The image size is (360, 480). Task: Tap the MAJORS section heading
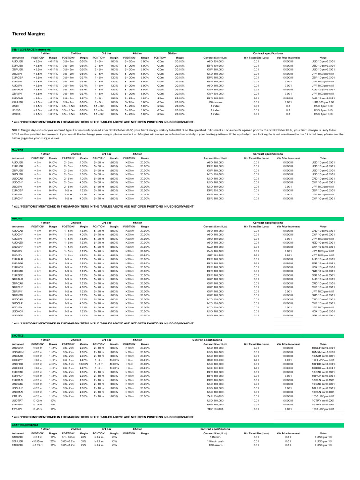[x=17, y=150]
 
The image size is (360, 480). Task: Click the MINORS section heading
[x=17, y=218]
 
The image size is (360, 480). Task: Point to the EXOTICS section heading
[x=18, y=336]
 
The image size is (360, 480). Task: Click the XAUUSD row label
[x=17, y=102]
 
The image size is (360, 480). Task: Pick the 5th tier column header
[x=172, y=54]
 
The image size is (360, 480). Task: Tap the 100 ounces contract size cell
[x=215, y=102]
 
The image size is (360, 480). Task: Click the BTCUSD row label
[x=17, y=437]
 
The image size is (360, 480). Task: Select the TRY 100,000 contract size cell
[x=215, y=409]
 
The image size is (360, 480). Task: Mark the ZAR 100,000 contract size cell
[x=215, y=396]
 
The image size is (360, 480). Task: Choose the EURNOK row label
[x=18, y=267]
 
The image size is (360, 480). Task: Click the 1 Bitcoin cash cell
[x=215, y=441]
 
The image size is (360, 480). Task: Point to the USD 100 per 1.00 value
[x=323, y=102]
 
